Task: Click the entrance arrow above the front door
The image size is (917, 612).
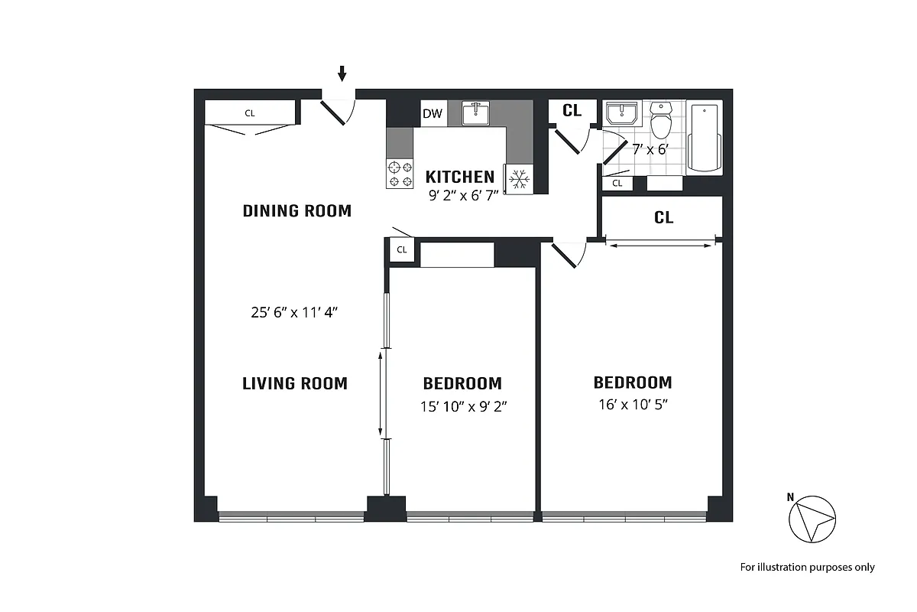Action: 342,73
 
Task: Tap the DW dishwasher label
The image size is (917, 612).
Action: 433,114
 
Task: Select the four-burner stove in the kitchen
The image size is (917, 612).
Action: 398,173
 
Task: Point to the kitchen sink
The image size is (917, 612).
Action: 476,113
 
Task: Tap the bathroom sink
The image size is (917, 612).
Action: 621,115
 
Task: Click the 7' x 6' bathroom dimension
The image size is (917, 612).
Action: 650,149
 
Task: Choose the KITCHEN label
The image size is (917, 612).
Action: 460,177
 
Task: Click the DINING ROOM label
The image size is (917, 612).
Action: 296,210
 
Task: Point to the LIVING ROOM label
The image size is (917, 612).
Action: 295,383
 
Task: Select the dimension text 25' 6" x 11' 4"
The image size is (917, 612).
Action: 296,312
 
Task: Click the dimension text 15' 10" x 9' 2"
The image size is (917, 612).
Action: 463,406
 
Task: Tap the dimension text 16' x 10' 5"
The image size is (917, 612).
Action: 633,405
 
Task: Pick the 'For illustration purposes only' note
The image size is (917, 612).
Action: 807,567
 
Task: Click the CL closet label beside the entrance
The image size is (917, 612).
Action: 250,113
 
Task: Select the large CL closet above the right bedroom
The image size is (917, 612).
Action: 663,218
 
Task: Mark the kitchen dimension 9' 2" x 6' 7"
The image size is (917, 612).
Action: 463,194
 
